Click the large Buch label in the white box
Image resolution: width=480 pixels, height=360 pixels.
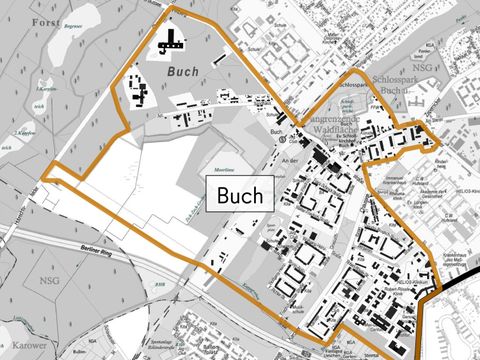[x=240, y=194]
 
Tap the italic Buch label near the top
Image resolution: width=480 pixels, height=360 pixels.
[x=183, y=71]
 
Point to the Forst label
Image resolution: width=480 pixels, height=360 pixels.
[x=45, y=20]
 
